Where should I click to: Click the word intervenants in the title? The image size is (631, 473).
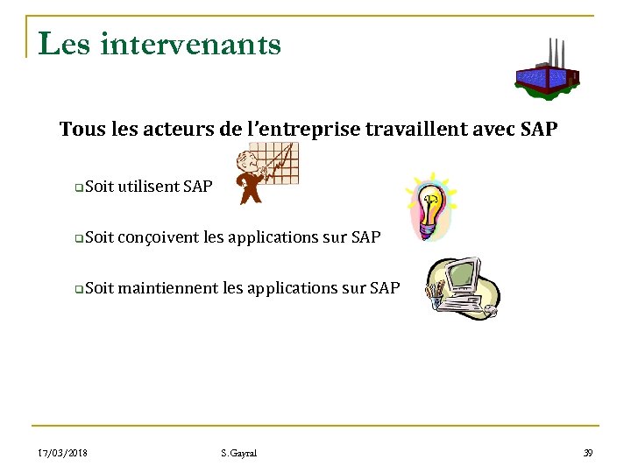(191, 43)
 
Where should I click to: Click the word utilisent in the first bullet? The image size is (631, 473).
(148, 186)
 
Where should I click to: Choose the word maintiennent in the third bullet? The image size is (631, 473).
(166, 287)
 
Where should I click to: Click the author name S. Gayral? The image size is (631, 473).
(240, 453)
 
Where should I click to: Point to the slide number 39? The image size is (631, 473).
(588, 453)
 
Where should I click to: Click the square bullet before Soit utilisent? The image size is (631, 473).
(79, 187)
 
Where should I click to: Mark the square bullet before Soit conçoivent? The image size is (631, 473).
(79, 237)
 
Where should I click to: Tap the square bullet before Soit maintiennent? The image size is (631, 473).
(79, 288)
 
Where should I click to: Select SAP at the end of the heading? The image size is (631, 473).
(536, 130)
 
